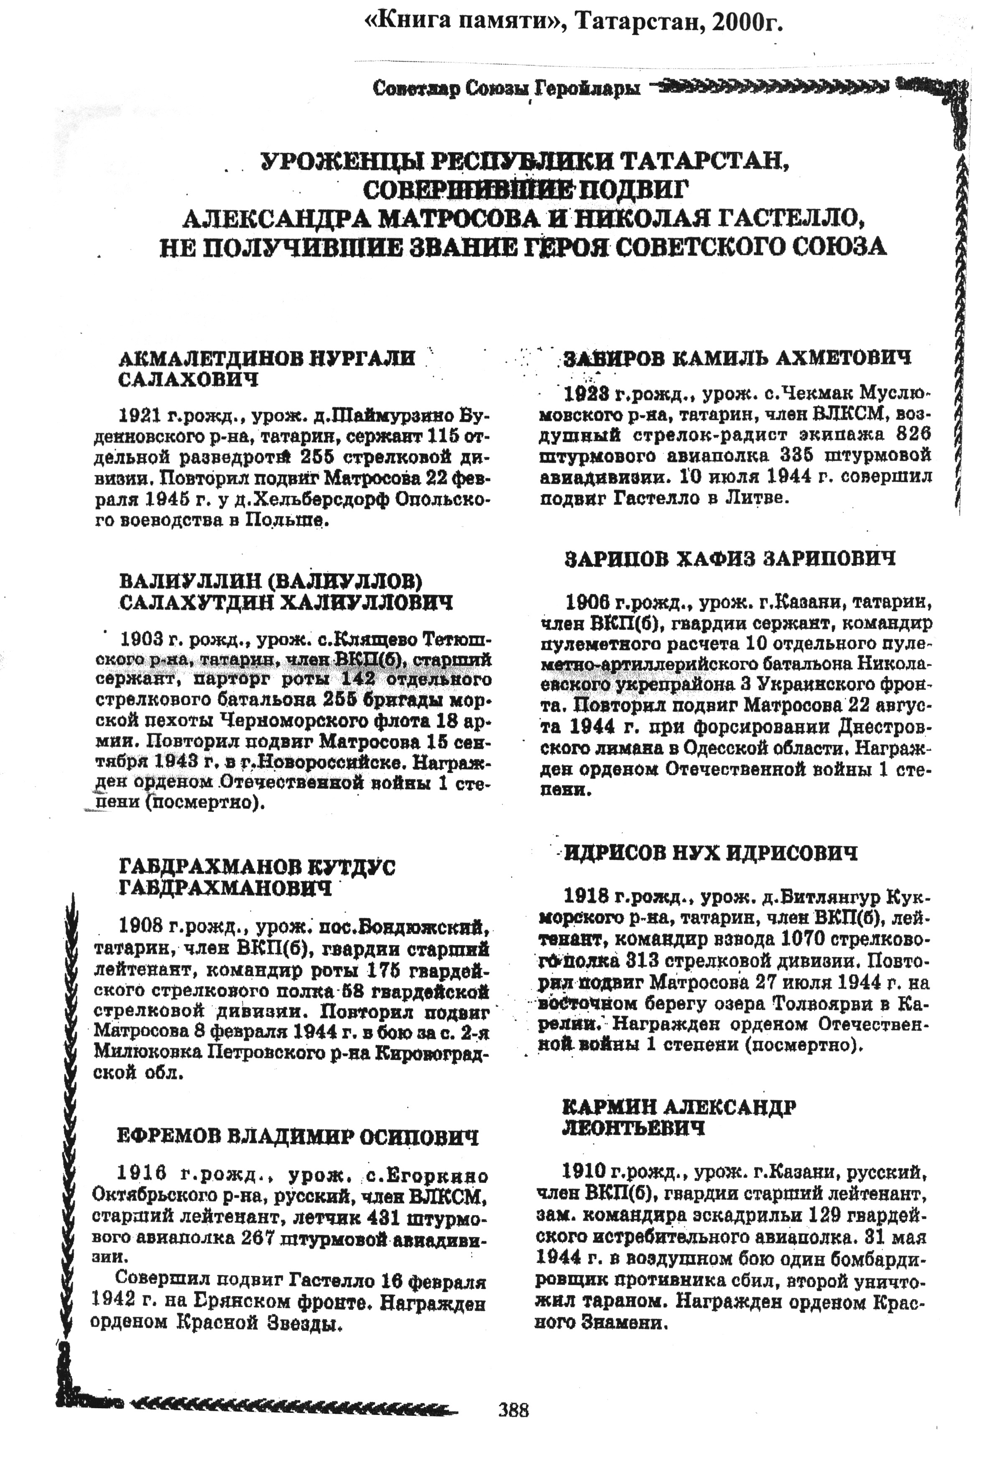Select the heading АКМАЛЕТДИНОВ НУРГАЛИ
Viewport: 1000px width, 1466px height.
click(x=267, y=358)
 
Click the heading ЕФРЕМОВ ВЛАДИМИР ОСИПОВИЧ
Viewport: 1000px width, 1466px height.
click(x=298, y=1137)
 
